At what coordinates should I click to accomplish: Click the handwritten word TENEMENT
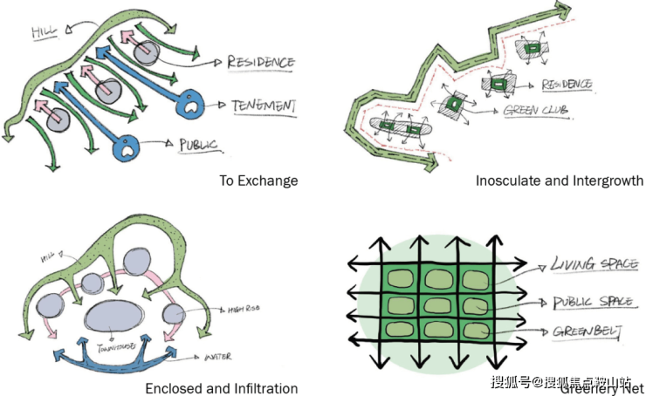pyautogui.click(x=264, y=106)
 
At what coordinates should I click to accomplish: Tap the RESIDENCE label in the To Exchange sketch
pyautogui.click(x=260, y=63)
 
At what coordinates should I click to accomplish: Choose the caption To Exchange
pyautogui.click(x=258, y=181)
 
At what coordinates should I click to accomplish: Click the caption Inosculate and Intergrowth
pyautogui.click(x=560, y=181)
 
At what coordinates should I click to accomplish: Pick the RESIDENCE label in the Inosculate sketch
pyautogui.click(x=567, y=85)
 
